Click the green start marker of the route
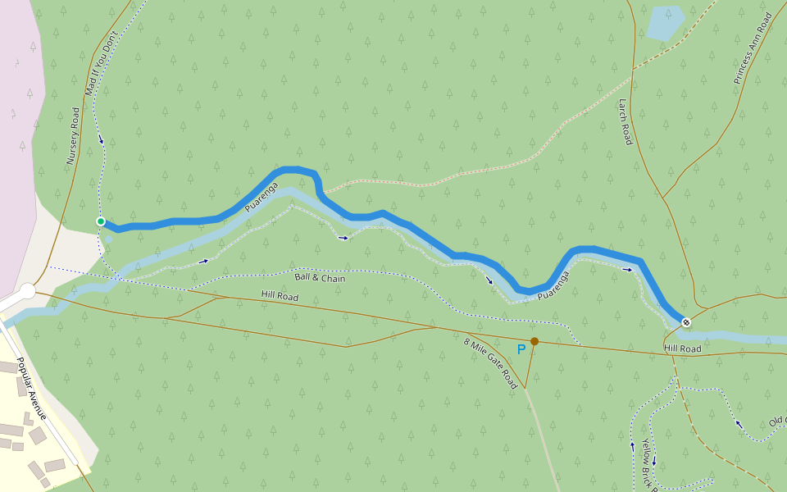tap(100, 221)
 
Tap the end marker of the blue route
tap(685, 322)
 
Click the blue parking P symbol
tap(521, 349)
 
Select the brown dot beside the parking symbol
tap(535, 341)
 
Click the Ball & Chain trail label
tap(320, 278)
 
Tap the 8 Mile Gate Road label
tap(491, 363)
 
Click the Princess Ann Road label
tap(752, 48)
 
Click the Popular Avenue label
tap(30, 389)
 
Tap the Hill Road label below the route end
tap(682, 349)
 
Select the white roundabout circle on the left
tap(28, 290)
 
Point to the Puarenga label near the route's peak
tap(262, 198)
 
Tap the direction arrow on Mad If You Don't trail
tap(102, 140)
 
